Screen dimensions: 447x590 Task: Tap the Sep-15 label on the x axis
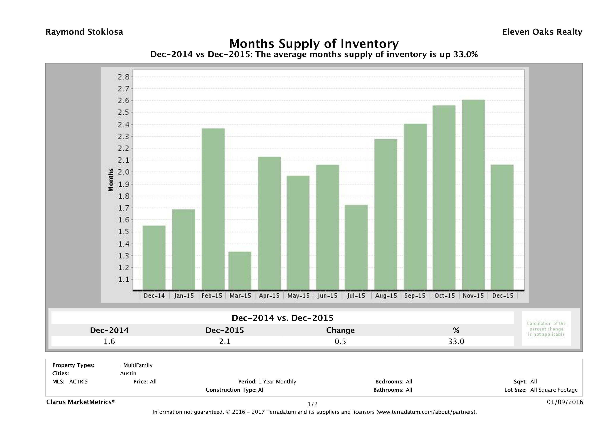[415, 296]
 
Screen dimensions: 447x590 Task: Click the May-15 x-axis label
[298, 296]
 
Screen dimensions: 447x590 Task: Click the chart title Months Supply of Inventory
[314, 44]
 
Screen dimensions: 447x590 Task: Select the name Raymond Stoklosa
[84, 32]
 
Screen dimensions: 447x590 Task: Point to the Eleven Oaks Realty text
[542, 32]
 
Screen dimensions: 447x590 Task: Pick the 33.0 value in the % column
[456, 341]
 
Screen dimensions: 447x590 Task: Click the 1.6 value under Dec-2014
[109, 341]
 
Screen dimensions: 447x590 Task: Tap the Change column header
[340, 330]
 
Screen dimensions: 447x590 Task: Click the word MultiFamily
[138, 365]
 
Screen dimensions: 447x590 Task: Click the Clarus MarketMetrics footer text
[81, 402]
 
